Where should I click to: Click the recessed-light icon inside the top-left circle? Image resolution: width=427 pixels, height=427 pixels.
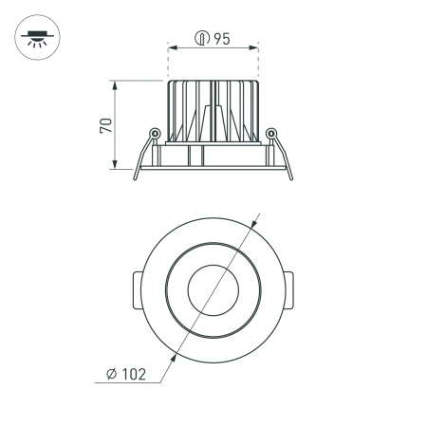(x=37, y=37)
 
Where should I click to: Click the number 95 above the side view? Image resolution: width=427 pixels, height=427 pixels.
(x=223, y=39)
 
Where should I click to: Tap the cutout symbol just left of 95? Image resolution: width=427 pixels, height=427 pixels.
(x=201, y=39)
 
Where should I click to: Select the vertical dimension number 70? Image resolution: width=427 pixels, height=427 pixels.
(x=107, y=124)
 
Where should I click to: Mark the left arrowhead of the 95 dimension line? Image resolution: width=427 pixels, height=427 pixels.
(x=172, y=47)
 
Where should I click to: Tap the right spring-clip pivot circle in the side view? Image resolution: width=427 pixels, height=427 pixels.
(x=272, y=134)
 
